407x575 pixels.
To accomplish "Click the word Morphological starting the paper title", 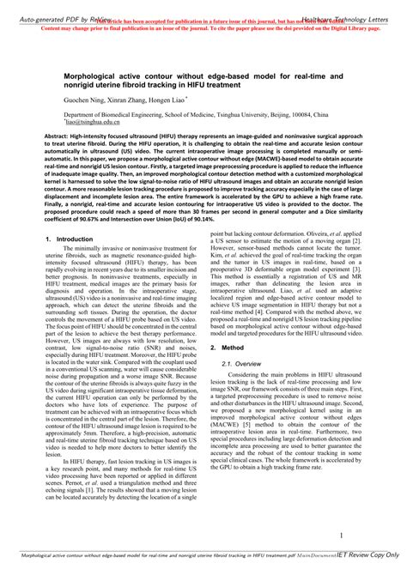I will tap(94, 75).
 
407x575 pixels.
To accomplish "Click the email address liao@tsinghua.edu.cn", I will tap(96, 122).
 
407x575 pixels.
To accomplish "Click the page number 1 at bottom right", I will tap(340, 535).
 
